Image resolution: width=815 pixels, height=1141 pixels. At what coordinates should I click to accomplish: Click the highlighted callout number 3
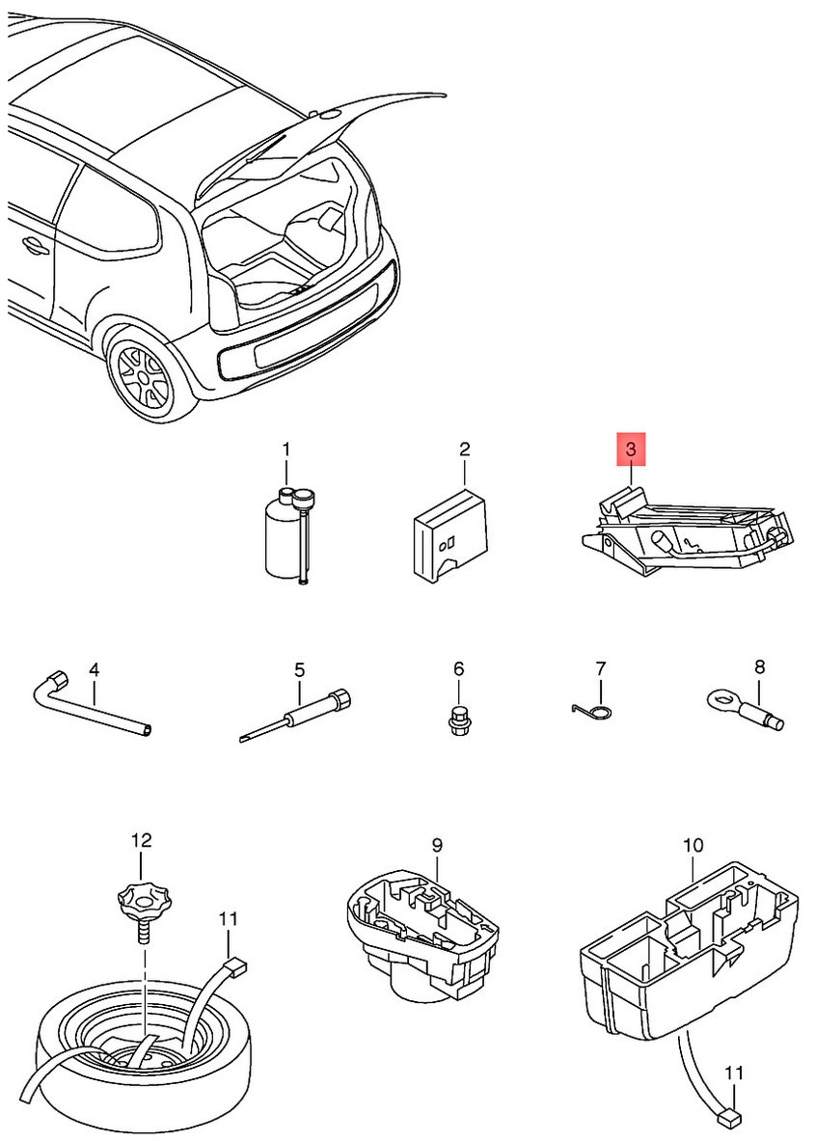[631, 449]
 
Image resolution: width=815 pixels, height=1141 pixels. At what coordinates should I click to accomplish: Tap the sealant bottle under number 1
[281, 541]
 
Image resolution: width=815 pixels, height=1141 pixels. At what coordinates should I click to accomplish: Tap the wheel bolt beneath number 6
[458, 721]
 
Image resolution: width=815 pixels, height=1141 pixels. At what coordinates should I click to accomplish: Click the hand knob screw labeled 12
[141, 907]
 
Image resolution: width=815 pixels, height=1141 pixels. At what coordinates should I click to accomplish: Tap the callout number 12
[142, 840]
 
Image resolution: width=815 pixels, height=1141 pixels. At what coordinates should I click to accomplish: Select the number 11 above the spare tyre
[227, 919]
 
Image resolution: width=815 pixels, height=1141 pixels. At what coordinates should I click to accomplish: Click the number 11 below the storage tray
[735, 1073]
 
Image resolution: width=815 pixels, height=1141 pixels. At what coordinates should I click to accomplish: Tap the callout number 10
[693, 846]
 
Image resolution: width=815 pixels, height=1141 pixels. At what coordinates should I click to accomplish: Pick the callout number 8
[759, 666]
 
